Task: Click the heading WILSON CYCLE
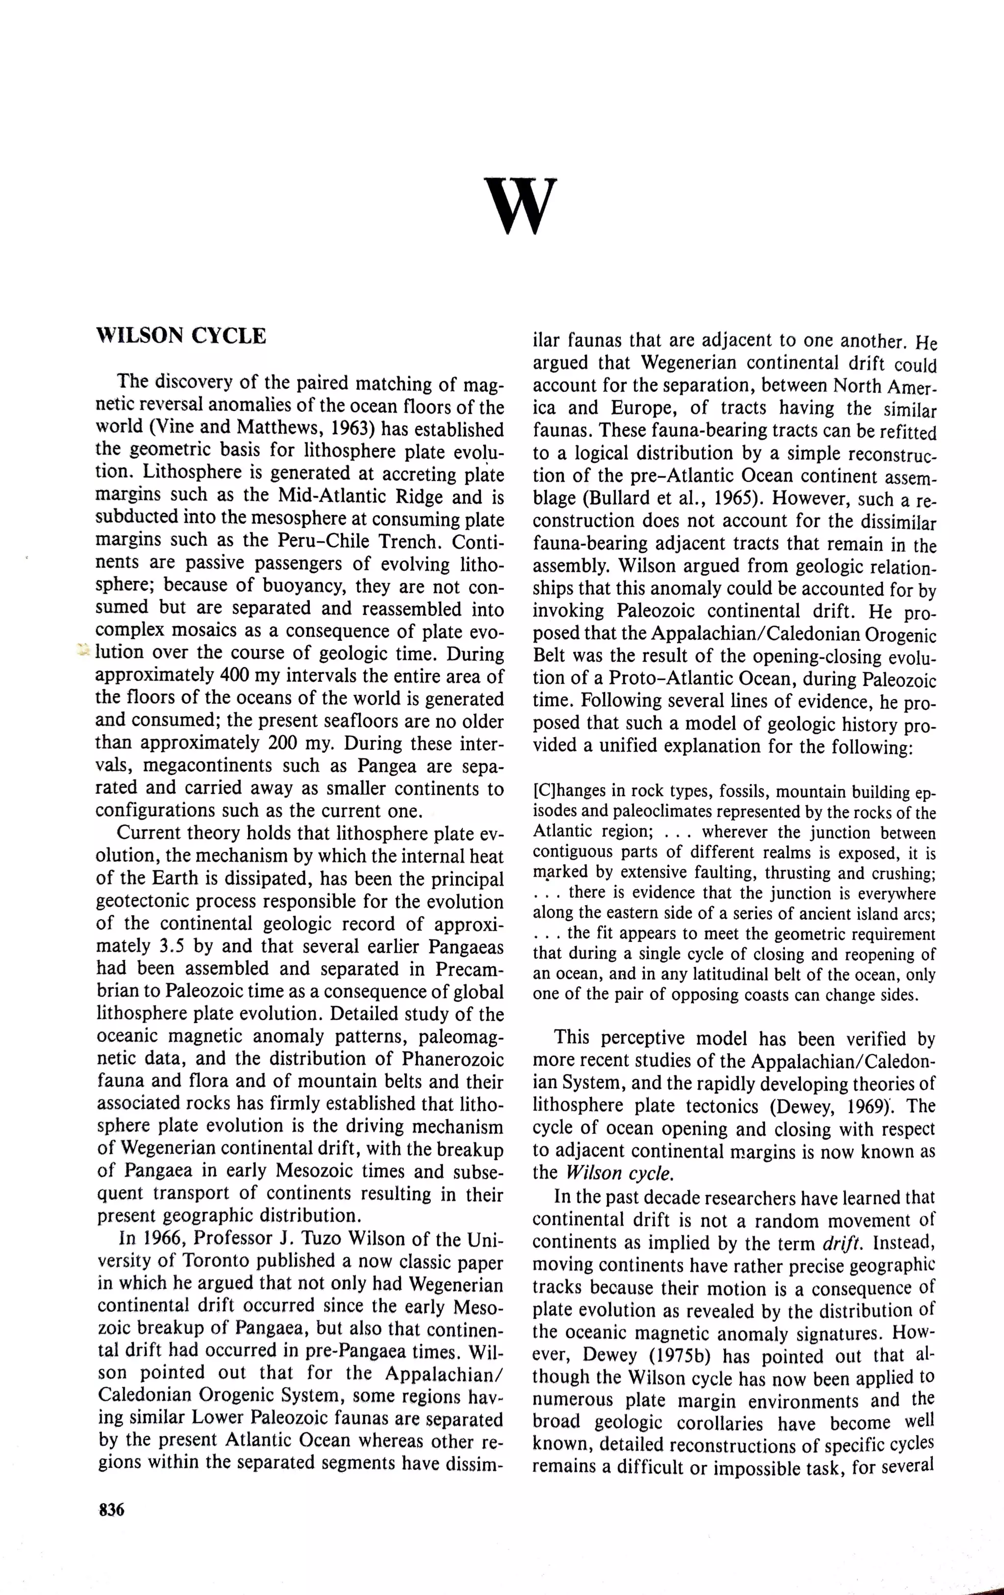coord(181,337)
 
